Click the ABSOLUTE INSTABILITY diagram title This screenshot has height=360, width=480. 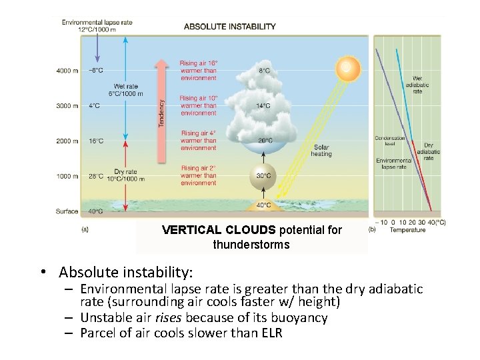229,27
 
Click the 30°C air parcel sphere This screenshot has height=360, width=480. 264,175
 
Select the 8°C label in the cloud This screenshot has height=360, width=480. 264,70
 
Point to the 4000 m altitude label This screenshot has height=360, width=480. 67,70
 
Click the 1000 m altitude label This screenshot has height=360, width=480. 67,176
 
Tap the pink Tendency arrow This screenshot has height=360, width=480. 161,110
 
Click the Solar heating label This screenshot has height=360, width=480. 321,150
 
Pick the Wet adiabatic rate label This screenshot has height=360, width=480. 417,85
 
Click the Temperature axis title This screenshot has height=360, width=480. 407,230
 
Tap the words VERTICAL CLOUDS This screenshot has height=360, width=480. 219,230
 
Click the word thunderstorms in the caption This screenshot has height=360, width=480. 251,245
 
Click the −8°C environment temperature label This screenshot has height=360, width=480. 96,70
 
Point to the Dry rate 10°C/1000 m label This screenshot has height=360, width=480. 125,175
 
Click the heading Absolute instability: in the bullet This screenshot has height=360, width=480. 125,272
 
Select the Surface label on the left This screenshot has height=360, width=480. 67,211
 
